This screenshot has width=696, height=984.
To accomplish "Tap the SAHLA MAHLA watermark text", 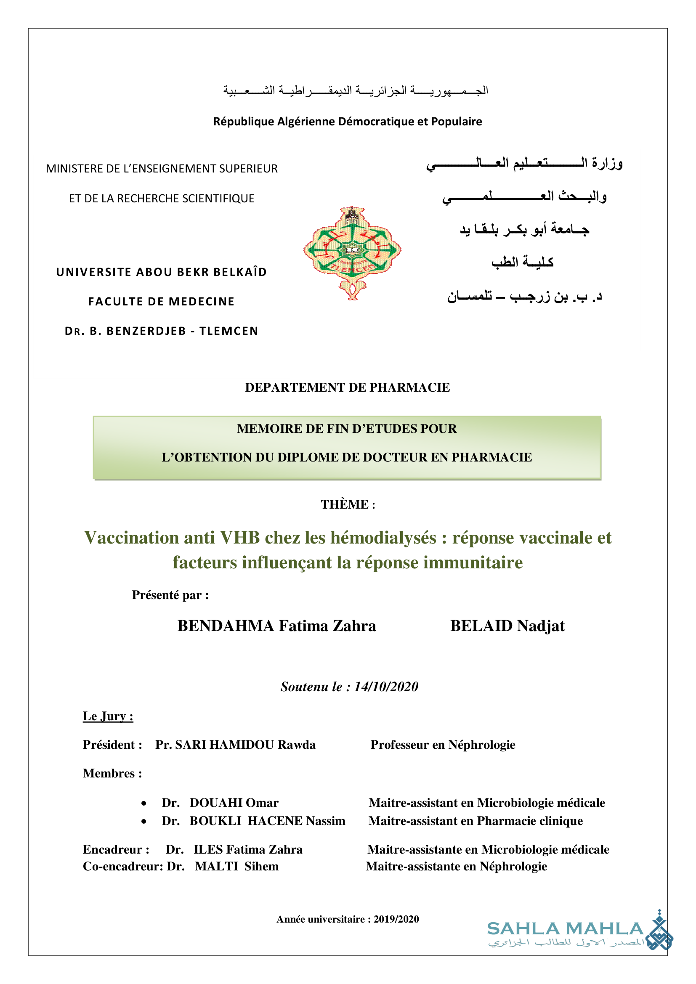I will click(565, 929).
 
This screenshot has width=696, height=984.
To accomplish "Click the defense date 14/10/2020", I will click(386, 687).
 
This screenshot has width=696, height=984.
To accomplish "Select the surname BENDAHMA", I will click(226, 626).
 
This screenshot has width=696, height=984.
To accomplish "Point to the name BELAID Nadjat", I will click(507, 626).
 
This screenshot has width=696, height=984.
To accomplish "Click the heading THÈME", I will click(348, 504).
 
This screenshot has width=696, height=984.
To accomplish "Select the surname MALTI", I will click(216, 866).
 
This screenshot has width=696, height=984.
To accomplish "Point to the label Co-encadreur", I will click(122, 866).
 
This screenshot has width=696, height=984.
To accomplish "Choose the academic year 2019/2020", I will click(396, 919).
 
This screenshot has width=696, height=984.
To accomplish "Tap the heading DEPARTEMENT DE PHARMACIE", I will click(348, 387).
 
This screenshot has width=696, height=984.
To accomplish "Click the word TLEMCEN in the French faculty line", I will click(228, 331).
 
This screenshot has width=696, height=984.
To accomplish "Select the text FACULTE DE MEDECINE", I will click(161, 301).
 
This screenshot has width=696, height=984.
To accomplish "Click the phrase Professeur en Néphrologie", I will click(443, 745).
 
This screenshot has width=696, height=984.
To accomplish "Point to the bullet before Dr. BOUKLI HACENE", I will click(144, 821).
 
